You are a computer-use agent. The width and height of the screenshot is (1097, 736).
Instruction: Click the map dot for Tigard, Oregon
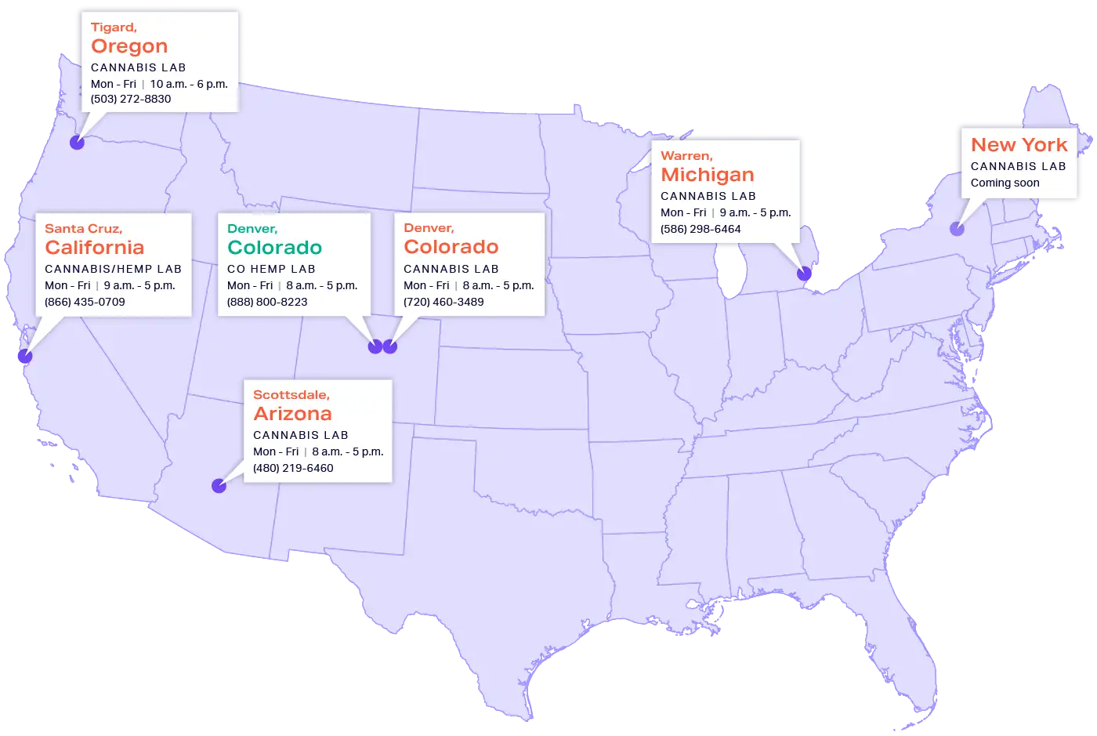pyautogui.click(x=77, y=142)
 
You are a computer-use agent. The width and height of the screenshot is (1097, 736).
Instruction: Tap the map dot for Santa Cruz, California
pyautogui.click(x=25, y=357)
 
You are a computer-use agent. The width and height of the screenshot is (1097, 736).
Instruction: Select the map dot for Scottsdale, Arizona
pyautogui.click(x=219, y=486)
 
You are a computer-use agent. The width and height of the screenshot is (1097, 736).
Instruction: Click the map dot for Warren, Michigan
pyautogui.click(x=804, y=274)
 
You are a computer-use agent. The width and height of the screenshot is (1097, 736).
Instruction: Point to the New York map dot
pyautogui.click(x=957, y=229)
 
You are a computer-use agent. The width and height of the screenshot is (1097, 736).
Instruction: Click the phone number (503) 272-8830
pyautogui.click(x=131, y=100)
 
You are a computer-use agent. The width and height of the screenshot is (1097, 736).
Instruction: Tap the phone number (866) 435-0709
pyautogui.click(x=85, y=302)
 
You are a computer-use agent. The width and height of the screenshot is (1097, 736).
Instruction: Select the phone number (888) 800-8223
pyautogui.click(x=267, y=302)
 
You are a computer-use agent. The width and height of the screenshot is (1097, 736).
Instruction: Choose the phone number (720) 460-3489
pyautogui.click(x=444, y=302)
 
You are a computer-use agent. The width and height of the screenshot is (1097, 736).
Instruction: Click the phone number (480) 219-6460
pyautogui.click(x=293, y=468)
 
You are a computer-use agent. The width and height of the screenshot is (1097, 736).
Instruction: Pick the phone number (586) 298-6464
pyautogui.click(x=701, y=229)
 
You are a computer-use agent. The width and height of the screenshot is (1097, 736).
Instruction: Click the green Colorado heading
pyautogui.click(x=274, y=248)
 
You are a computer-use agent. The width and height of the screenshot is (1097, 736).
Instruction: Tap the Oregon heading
pyautogui.click(x=129, y=46)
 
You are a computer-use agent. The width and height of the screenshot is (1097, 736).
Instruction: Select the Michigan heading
pyautogui.click(x=708, y=175)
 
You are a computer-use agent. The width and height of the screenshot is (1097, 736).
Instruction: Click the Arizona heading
pyautogui.click(x=292, y=414)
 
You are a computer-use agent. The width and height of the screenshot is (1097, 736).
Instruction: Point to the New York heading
pyautogui.click(x=1019, y=145)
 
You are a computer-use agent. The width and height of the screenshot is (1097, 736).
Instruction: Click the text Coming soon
pyautogui.click(x=1005, y=183)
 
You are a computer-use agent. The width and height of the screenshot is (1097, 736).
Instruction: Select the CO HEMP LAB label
pyautogui.click(x=271, y=269)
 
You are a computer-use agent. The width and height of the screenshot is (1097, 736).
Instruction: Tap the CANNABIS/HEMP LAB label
pyautogui.click(x=113, y=269)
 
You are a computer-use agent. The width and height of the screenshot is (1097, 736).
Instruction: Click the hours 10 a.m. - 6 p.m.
pyautogui.click(x=189, y=84)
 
